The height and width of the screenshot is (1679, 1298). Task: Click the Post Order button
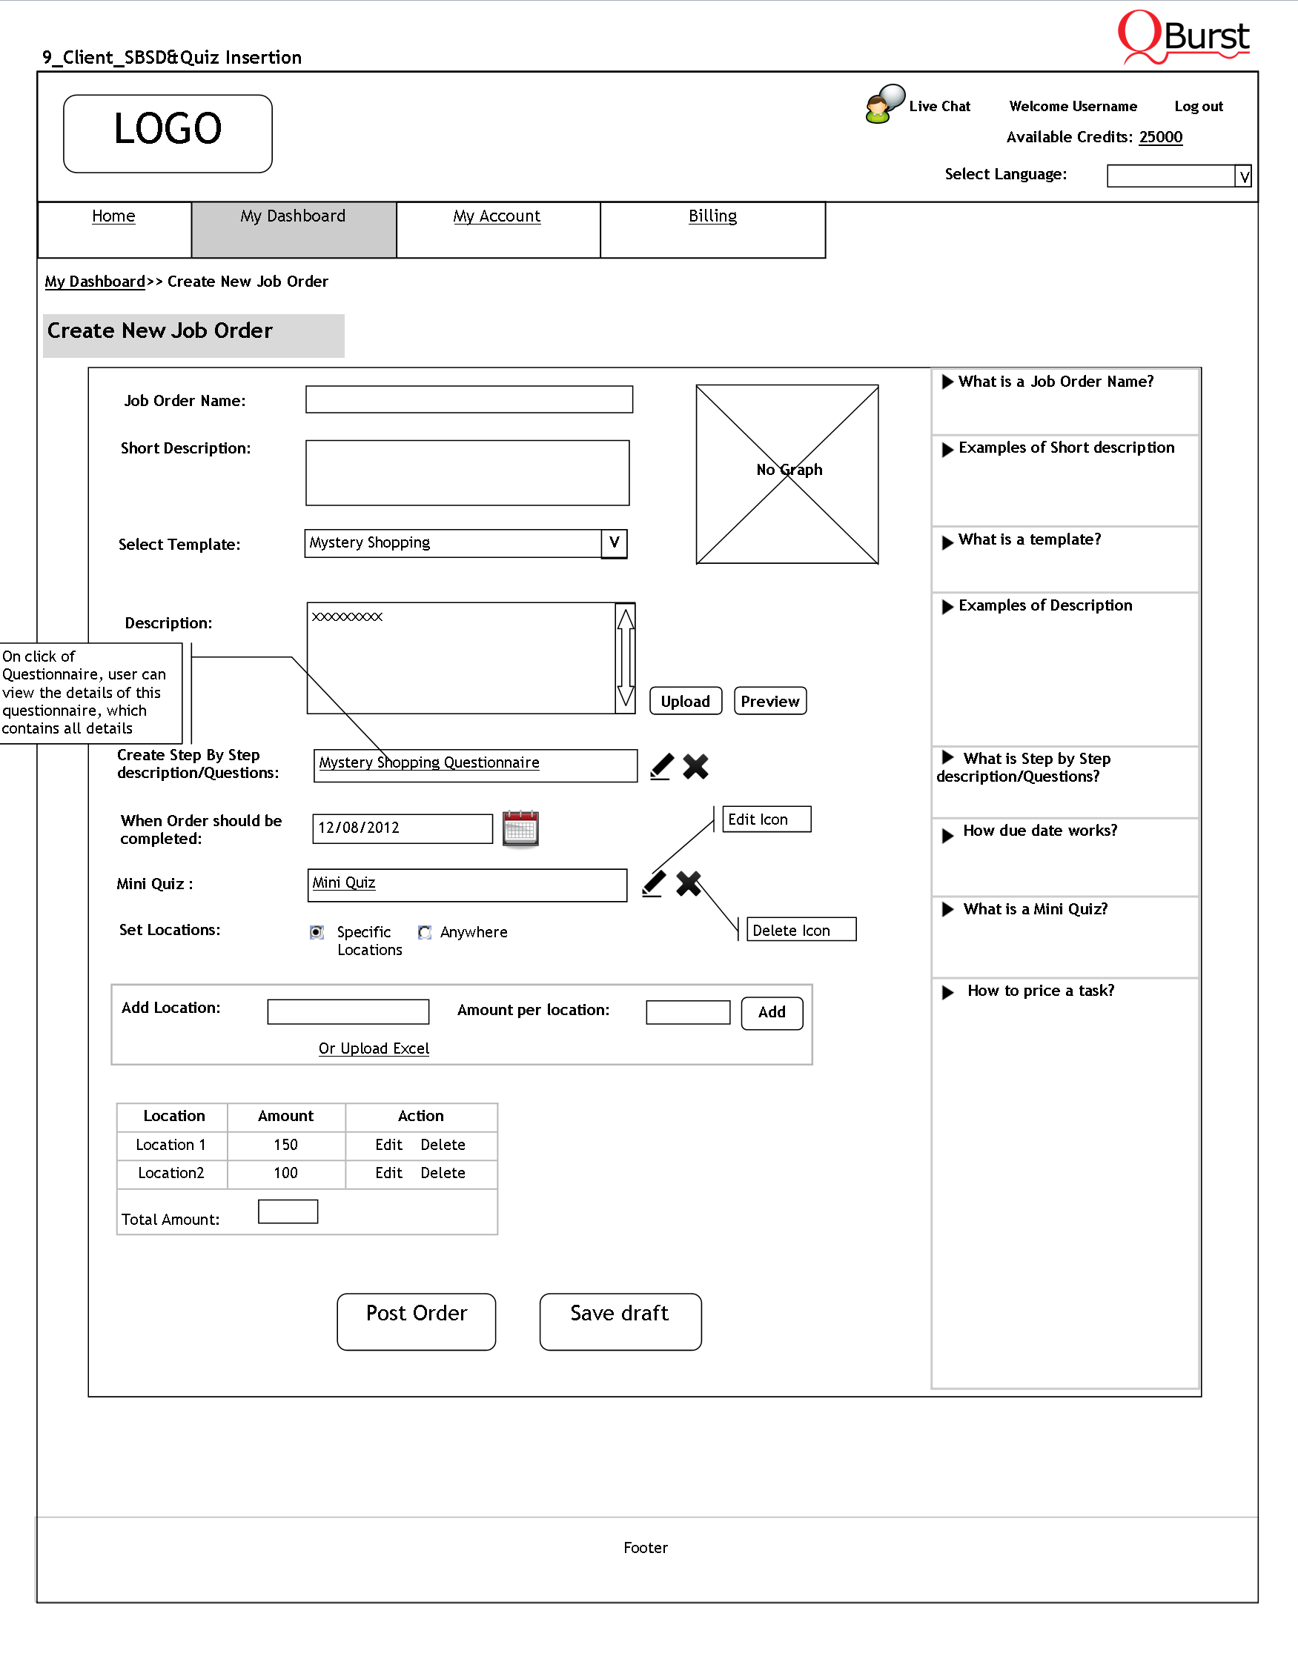point(416,1321)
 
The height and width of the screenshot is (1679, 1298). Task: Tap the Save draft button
point(620,1321)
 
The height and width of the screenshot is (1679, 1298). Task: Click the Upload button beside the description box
point(685,700)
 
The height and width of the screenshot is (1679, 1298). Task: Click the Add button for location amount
point(771,1011)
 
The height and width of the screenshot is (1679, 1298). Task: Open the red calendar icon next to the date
point(520,828)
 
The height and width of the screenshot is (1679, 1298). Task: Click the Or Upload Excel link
point(374,1048)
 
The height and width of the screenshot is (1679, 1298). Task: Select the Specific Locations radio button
point(317,932)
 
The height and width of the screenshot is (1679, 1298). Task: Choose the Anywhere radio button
point(425,932)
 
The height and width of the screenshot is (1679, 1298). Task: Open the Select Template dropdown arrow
point(614,543)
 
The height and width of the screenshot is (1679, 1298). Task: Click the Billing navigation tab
point(712,216)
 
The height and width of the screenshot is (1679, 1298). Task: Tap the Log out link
point(1198,106)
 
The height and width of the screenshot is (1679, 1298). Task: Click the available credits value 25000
point(1160,137)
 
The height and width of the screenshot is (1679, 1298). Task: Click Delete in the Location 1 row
point(442,1144)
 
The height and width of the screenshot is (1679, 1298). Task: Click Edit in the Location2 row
point(388,1172)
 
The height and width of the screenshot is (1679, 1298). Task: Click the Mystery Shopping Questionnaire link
point(429,762)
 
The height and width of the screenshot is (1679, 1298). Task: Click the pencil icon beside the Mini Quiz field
point(654,883)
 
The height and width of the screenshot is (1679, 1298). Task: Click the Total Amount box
point(288,1211)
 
